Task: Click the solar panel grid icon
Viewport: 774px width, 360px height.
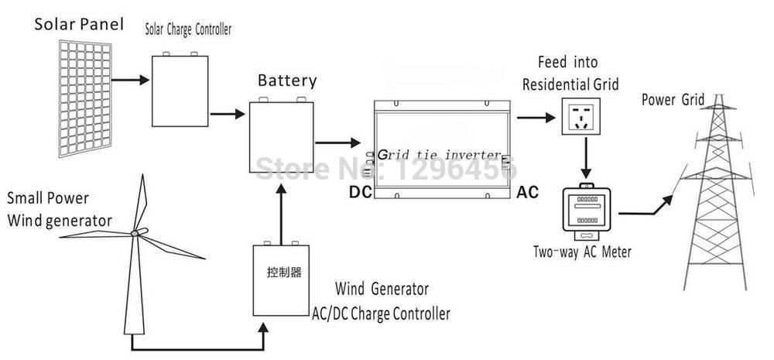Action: pyautogui.click(x=86, y=99)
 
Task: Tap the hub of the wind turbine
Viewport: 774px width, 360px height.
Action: pyautogui.click(x=135, y=232)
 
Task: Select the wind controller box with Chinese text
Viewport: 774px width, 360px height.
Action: pyautogui.click(x=283, y=277)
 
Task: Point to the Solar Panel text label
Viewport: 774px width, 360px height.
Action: pyautogui.click(x=78, y=25)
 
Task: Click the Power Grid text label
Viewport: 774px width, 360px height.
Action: pyautogui.click(x=673, y=99)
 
